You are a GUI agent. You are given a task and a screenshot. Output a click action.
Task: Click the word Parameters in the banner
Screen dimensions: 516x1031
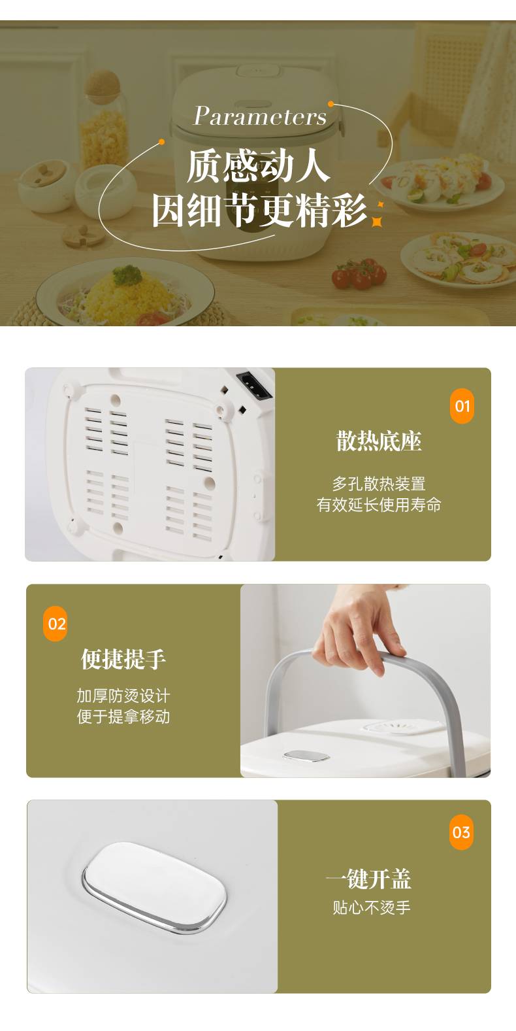coord(260,116)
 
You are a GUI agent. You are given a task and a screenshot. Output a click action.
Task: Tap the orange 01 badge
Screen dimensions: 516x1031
coord(462,406)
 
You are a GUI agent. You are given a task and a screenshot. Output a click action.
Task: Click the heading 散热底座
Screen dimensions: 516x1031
coord(378,441)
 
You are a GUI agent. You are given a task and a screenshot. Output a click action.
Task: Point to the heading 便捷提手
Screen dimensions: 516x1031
coord(123,659)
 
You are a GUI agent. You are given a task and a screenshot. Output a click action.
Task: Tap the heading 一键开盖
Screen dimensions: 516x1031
coord(368,879)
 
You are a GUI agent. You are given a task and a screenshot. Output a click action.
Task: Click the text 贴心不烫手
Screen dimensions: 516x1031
coord(372,907)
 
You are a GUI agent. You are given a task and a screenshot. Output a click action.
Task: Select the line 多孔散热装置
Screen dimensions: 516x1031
coord(378,484)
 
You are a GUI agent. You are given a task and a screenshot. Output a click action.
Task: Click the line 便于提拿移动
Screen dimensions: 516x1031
coord(123,717)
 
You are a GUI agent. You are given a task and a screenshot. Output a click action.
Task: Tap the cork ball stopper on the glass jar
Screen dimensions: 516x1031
coord(103,86)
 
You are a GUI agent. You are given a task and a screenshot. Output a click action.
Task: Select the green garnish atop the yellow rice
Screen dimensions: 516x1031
coord(127,275)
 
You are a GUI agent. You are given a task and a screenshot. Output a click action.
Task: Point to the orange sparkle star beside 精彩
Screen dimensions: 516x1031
coord(378,216)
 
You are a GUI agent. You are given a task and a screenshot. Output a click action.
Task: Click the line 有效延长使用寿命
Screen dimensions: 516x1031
coord(378,505)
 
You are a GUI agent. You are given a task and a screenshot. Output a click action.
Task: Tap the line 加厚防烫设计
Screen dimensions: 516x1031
coord(123,696)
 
